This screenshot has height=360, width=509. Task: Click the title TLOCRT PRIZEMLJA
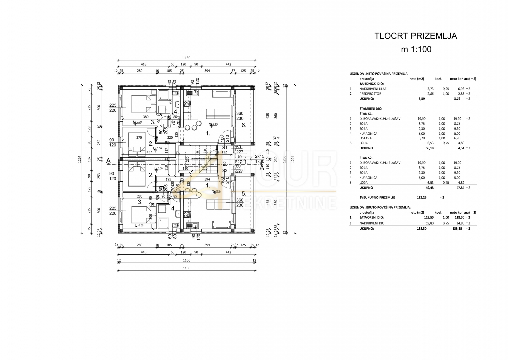click(415, 36)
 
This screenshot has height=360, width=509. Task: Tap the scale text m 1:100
click(416, 49)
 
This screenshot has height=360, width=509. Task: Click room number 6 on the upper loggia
click(244, 125)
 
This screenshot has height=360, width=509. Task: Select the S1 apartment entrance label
click(225, 147)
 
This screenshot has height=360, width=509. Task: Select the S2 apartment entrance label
click(225, 171)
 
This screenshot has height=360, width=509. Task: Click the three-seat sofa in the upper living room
click(218, 114)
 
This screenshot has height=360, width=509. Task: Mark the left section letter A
click(108, 161)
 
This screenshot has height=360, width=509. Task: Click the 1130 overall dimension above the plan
click(186, 58)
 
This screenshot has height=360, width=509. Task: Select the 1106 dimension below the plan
click(186, 261)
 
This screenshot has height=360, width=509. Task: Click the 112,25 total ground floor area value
click(422, 197)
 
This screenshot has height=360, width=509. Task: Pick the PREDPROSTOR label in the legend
click(370, 94)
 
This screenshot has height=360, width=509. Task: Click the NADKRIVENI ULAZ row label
click(373, 89)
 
